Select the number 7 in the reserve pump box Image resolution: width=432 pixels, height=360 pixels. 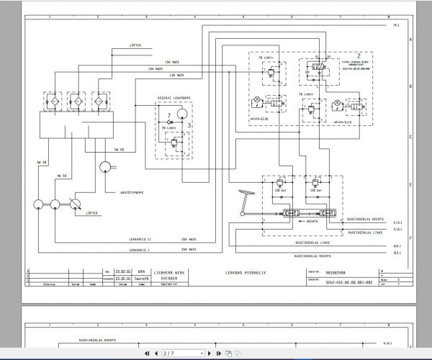168,115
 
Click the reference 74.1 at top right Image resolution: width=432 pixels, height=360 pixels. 396,26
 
